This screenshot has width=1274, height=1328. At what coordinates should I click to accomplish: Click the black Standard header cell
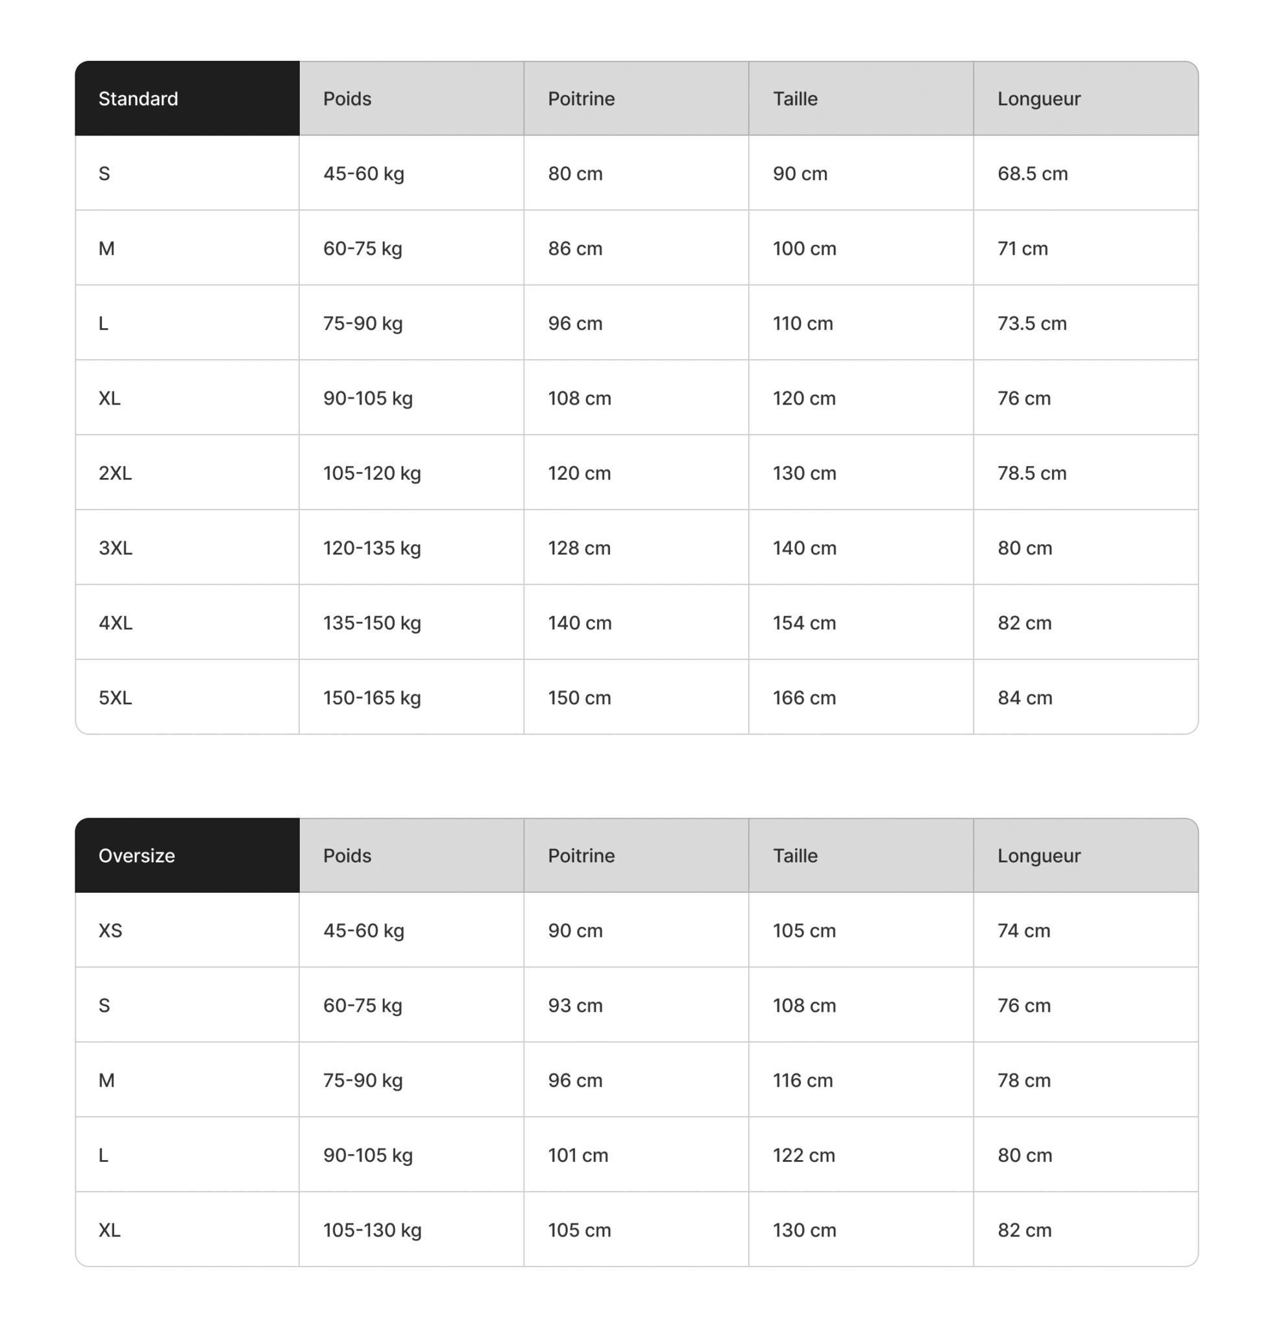[186, 99]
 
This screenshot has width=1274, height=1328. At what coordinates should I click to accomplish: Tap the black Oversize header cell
[186, 855]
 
